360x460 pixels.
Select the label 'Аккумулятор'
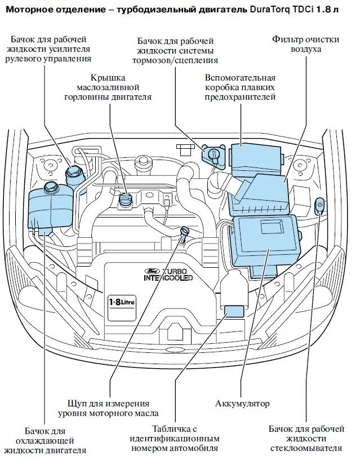(242, 404)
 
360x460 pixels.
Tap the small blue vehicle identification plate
(233, 311)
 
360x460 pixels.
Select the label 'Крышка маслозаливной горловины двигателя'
(114, 87)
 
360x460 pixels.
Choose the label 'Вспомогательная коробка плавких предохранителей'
(240, 87)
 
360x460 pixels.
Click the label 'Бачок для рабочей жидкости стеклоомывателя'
(305, 439)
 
